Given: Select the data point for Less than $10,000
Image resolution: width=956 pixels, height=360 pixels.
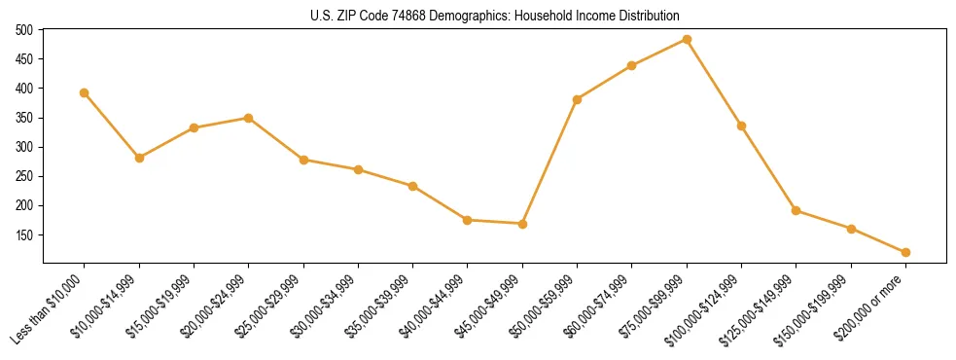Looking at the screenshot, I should point(85,92).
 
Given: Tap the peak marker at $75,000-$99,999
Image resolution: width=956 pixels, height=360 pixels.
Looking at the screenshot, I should point(687,40).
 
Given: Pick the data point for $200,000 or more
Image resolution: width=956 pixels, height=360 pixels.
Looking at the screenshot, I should point(905,252).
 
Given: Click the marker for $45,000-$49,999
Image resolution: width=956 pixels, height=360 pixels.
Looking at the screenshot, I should point(522,224).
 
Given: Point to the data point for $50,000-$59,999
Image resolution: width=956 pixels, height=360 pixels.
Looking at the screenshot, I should point(578,99).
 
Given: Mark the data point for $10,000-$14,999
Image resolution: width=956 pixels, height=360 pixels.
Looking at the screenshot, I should point(139,158).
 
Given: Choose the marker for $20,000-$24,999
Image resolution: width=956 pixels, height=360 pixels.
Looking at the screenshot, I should point(248,118).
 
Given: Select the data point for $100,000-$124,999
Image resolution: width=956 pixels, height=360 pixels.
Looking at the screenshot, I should point(741,126).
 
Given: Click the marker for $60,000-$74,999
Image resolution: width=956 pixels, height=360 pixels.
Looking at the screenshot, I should point(632,65).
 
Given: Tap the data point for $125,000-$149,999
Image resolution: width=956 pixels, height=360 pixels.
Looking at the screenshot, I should point(796,210).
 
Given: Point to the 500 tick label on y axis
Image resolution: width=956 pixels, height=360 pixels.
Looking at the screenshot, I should point(24,30).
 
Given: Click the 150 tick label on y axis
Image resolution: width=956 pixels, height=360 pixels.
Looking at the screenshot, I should point(24,235).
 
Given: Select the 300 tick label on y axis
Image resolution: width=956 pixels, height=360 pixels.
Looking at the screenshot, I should point(24,147).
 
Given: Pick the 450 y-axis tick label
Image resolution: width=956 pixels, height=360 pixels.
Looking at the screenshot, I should point(24,59).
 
